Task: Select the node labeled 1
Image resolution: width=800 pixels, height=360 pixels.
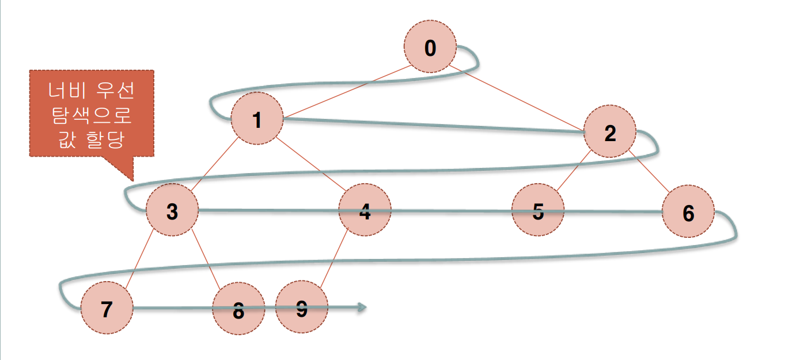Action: (x=257, y=120)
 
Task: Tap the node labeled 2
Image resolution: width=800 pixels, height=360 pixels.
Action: (x=610, y=133)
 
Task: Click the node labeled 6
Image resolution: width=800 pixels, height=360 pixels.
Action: (x=688, y=211)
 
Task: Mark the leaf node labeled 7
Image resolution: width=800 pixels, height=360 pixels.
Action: (x=107, y=309)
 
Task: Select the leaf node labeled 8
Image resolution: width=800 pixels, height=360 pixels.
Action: (x=238, y=310)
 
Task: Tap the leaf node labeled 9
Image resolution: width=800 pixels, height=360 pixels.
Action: (x=301, y=309)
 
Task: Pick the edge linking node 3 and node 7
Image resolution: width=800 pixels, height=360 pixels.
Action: (x=139, y=259)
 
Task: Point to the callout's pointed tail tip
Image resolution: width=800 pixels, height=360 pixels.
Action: (x=133, y=180)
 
